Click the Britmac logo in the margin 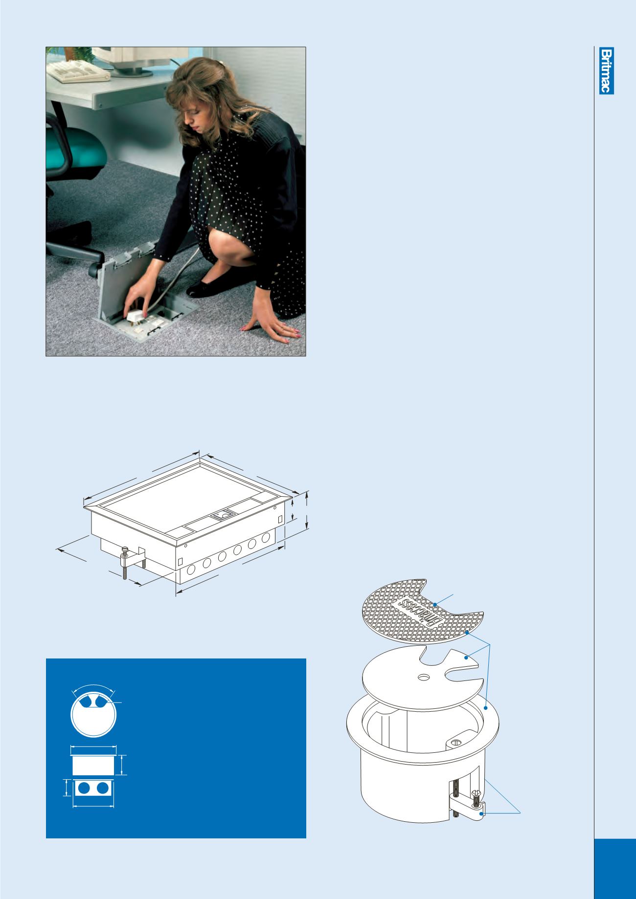coord(607,71)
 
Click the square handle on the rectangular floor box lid coord(221,514)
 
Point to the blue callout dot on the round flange coord(485,707)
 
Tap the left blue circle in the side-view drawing coord(84,788)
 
